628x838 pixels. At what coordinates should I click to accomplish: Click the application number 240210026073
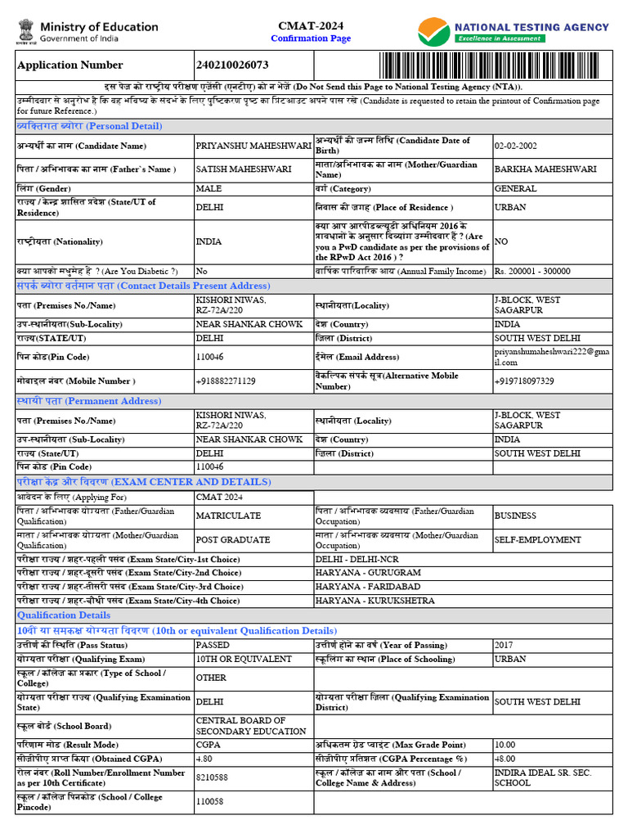[x=232, y=65]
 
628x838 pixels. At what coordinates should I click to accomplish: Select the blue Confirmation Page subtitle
[x=311, y=38]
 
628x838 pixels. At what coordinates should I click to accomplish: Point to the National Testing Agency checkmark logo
[x=433, y=32]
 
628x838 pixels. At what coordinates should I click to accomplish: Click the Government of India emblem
[x=25, y=32]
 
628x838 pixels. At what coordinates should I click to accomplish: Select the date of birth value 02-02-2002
[x=515, y=146]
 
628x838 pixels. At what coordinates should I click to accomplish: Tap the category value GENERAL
[x=515, y=188]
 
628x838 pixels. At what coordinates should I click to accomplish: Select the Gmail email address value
[x=552, y=357]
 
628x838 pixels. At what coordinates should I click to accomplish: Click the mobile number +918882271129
[x=226, y=381]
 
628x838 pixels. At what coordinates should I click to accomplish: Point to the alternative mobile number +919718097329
[x=524, y=381]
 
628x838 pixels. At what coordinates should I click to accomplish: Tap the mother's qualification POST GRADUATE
[x=233, y=540]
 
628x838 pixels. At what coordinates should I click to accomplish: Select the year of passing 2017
[x=504, y=645]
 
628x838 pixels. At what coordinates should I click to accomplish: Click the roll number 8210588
[x=212, y=778]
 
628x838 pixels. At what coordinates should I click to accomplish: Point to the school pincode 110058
[x=209, y=803]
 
